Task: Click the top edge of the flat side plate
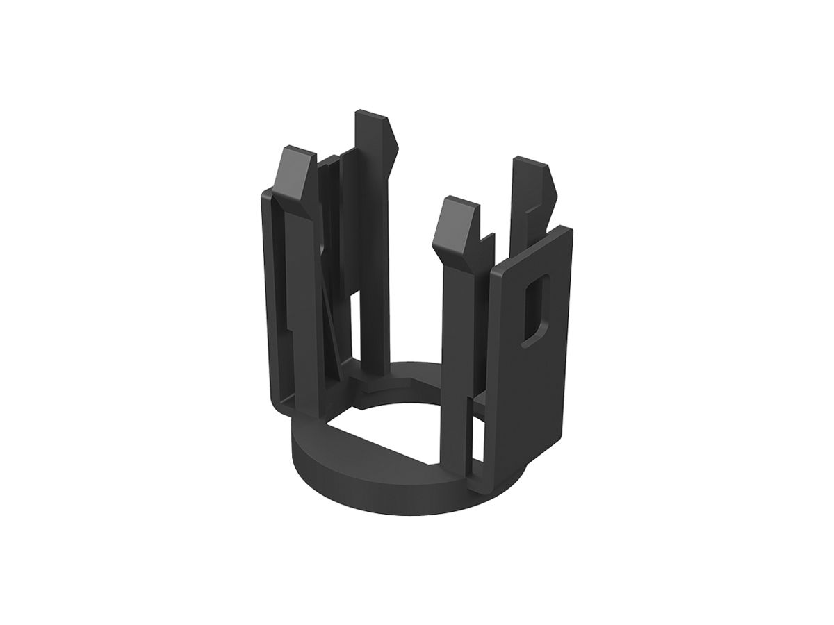tap(532, 246)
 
